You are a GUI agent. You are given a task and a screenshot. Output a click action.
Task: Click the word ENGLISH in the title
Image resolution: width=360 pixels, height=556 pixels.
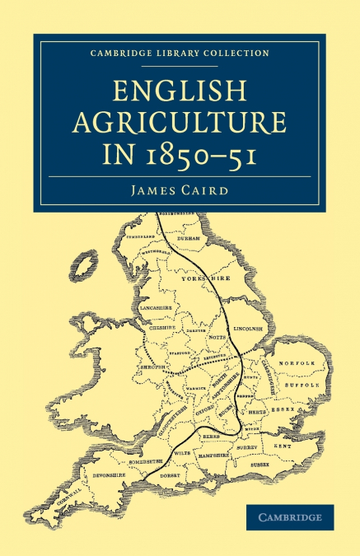pos(180,86)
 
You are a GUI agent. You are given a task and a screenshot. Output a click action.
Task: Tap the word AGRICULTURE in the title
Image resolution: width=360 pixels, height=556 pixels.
pos(180,122)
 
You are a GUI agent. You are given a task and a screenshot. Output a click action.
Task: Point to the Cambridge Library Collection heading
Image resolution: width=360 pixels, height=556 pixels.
pos(180,53)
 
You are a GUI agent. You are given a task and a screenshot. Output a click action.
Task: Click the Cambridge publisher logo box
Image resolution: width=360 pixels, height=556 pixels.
pos(291,517)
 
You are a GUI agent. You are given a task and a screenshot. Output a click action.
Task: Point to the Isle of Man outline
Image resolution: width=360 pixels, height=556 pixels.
pos(82,265)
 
